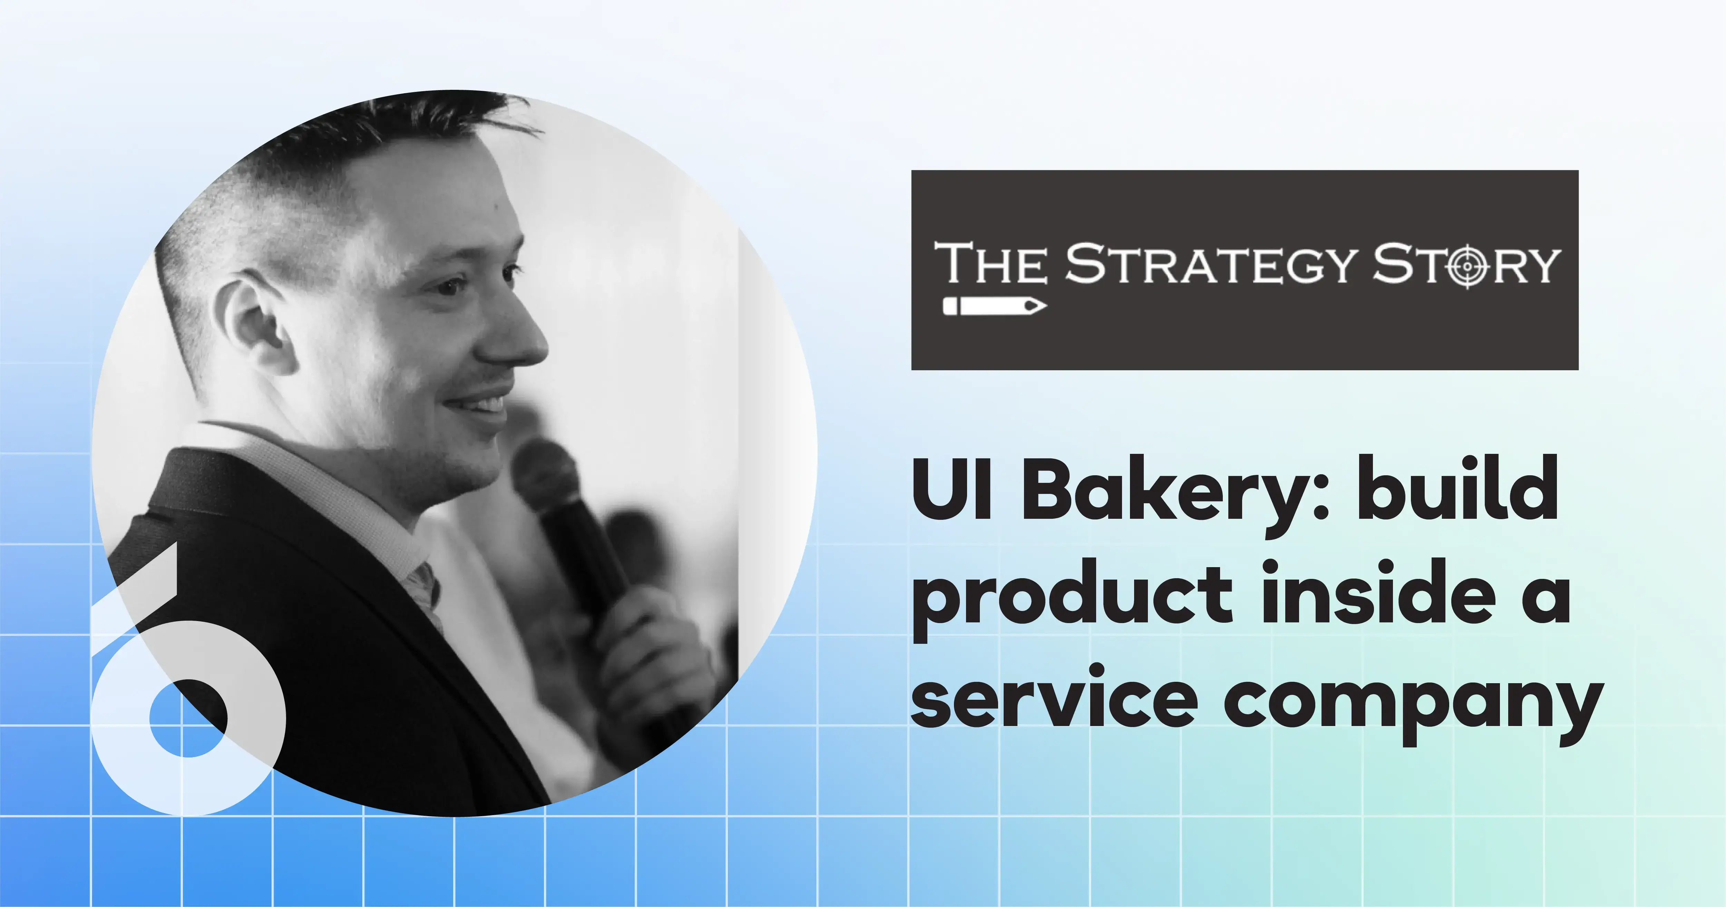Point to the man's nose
[519, 335]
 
